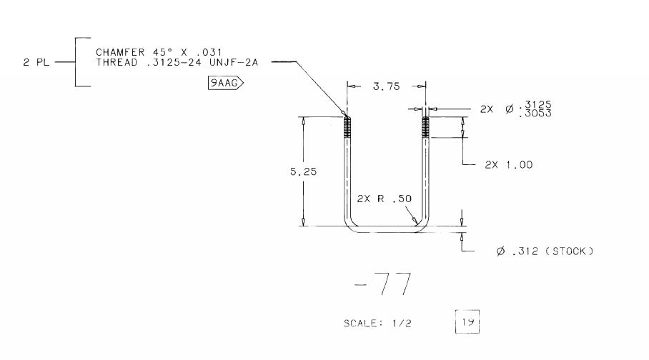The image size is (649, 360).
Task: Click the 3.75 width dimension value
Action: point(386,86)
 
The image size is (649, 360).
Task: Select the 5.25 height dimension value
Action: point(303,171)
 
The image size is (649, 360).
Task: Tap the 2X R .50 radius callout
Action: point(385,199)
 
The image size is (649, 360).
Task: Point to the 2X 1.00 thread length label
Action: point(509,165)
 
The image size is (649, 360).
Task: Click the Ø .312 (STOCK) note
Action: point(545,251)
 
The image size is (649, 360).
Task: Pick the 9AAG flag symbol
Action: point(226,83)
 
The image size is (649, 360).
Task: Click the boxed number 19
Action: point(467,321)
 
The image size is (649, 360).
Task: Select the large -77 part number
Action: point(383,284)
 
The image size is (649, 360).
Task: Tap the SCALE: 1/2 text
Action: point(377,323)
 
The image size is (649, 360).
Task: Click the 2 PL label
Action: point(36,62)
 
